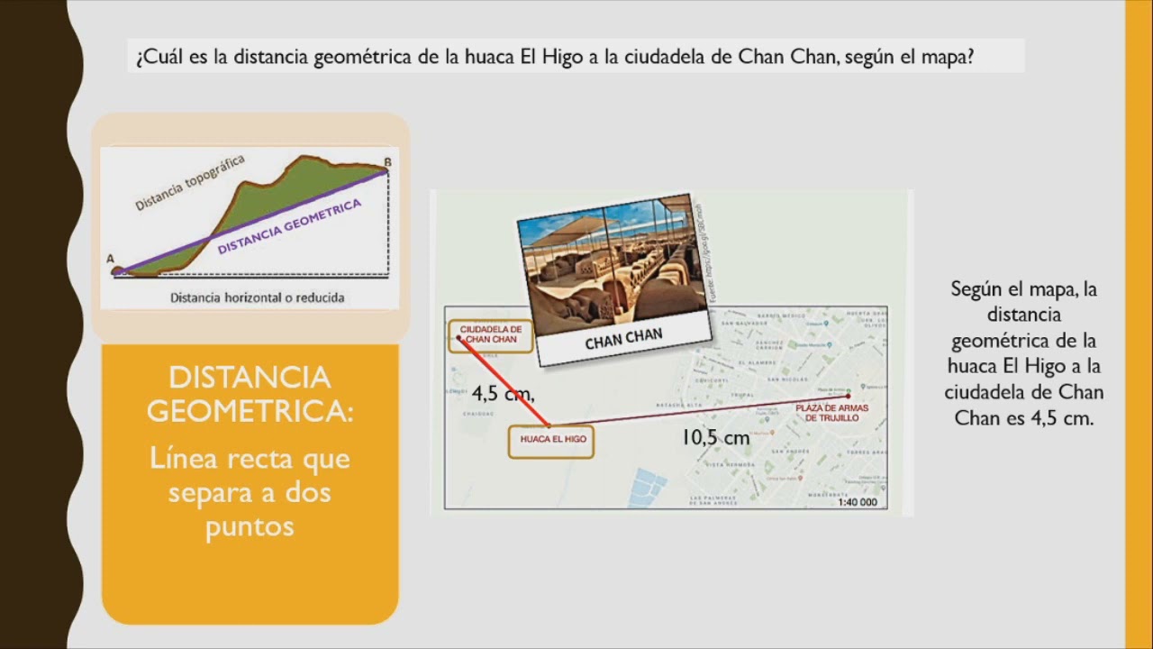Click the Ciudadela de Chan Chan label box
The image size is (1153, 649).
tap(491, 335)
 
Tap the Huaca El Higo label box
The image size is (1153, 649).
tap(550, 439)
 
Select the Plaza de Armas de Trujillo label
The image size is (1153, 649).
tap(827, 413)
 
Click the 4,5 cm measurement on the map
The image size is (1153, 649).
tap(503, 393)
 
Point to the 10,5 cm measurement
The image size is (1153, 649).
tap(715, 438)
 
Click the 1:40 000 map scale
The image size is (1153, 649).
tap(857, 502)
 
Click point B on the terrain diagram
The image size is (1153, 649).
tap(386, 162)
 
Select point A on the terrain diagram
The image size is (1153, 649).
tap(112, 259)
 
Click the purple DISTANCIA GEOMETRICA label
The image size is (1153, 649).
tap(289, 226)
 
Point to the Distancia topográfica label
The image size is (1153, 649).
tap(189, 185)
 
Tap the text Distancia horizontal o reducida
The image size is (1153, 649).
tap(257, 297)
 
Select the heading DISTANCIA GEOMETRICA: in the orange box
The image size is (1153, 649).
tap(250, 393)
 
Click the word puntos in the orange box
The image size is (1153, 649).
tap(250, 526)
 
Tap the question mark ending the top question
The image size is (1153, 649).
tap(968, 58)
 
